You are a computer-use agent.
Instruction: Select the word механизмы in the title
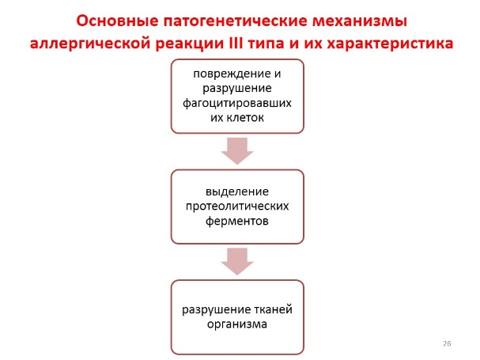click(x=359, y=20)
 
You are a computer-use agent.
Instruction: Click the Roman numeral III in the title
click(x=265, y=43)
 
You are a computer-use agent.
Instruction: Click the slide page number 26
click(x=447, y=344)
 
